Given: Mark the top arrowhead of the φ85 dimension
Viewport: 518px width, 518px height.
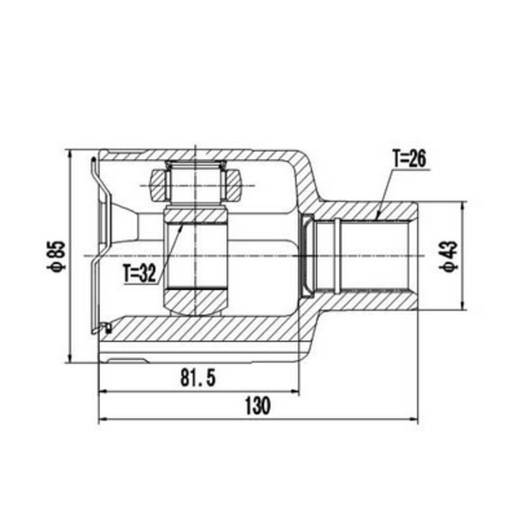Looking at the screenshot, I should (69, 155).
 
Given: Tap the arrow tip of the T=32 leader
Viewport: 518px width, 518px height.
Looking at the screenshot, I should (181, 226).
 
